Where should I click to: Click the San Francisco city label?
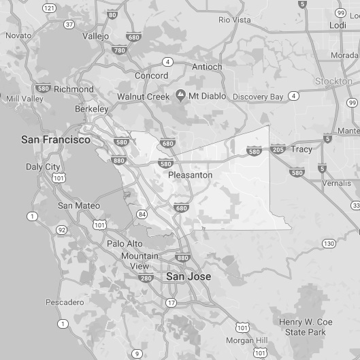(x=55, y=140)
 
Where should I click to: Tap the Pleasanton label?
(x=190, y=175)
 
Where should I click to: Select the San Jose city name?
(x=189, y=277)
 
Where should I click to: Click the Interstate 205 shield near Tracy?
(x=278, y=149)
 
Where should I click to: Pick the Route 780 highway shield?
(x=119, y=50)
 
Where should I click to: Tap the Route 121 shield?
(x=49, y=7)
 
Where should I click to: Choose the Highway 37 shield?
(x=69, y=24)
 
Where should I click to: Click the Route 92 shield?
(x=61, y=230)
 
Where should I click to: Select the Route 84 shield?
(x=142, y=214)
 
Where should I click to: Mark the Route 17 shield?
(x=171, y=302)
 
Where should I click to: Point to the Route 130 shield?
(x=329, y=243)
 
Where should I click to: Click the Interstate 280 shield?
(x=144, y=278)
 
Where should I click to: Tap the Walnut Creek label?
(x=143, y=97)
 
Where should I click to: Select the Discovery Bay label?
(x=258, y=97)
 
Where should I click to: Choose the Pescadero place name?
(x=65, y=301)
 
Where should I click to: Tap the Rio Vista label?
(x=234, y=20)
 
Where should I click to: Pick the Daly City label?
(x=43, y=167)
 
